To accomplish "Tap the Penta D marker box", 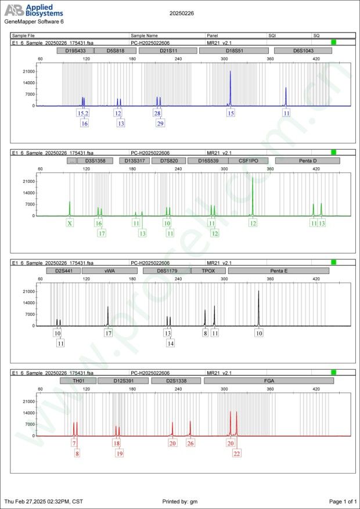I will (307, 161).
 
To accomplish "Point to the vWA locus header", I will (109, 270).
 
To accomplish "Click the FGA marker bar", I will (269, 381).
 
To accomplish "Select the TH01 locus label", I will (77, 381).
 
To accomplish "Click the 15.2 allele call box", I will (83, 113).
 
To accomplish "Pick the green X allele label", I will (70, 223).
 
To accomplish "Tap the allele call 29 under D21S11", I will (160, 123).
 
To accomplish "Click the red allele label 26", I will (190, 443).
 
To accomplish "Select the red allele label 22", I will (237, 453).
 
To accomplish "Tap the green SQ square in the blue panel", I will (333, 43).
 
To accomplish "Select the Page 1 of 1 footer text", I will (342, 501).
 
